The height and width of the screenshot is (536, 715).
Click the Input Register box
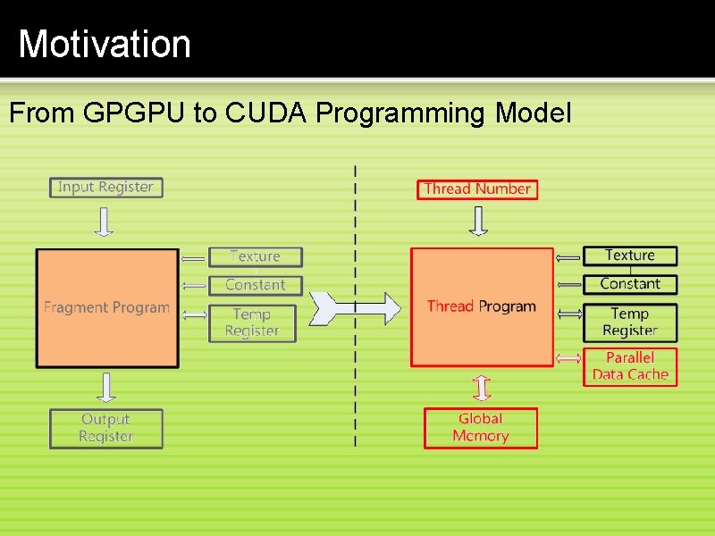click(x=105, y=188)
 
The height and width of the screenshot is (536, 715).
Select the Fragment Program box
click(x=106, y=307)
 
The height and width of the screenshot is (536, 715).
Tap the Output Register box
click(x=106, y=428)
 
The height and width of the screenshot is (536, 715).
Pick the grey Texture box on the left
click(x=256, y=256)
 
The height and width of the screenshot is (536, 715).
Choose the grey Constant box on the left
click(x=256, y=285)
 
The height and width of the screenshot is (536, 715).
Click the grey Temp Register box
click(x=252, y=322)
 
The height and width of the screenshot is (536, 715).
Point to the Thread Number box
click(x=477, y=189)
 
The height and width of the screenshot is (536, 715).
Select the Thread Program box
click(x=482, y=306)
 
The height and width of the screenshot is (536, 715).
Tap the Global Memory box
click(x=481, y=427)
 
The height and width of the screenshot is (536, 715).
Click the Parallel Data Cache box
click(x=630, y=366)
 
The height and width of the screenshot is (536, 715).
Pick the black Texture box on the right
click(x=630, y=255)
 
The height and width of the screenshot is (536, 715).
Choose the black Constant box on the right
click(x=630, y=284)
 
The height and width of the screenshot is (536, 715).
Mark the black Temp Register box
click(x=630, y=322)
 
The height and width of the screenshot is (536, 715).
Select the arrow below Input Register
click(x=105, y=222)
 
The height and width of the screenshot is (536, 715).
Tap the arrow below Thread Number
click(x=479, y=221)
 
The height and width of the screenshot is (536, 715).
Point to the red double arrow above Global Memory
click(x=481, y=388)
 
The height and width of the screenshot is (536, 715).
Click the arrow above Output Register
click(x=106, y=387)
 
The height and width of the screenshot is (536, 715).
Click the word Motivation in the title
click(x=105, y=44)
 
